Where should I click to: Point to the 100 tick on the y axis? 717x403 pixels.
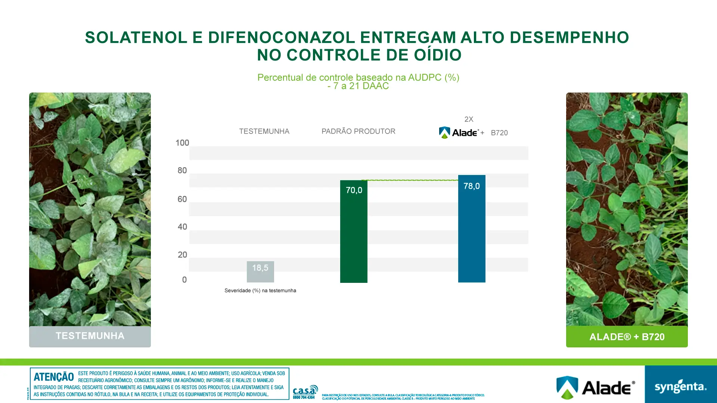[182, 143]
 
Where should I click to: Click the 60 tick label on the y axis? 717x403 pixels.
[182, 199]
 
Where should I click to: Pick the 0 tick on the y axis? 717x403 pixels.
[184, 280]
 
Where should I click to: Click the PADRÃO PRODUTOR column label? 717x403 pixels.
[358, 131]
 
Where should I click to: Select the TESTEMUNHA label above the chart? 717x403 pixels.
[264, 131]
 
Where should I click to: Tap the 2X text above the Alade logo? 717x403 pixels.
[469, 119]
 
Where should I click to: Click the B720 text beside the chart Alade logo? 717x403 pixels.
[499, 133]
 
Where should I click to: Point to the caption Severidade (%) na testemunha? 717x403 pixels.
[260, 291]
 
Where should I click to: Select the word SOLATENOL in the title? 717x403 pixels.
[136, 38]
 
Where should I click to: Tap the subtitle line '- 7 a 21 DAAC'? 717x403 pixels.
[358, 86]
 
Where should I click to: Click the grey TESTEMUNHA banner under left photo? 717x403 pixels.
[90, 336]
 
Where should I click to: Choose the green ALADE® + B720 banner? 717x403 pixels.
[627, 337]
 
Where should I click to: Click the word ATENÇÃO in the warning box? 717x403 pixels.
[54, 377]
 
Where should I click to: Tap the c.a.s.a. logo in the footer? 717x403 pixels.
[305, 391]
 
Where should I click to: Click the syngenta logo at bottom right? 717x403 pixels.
[680, 387]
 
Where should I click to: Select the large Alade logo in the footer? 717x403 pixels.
[596, 387]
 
